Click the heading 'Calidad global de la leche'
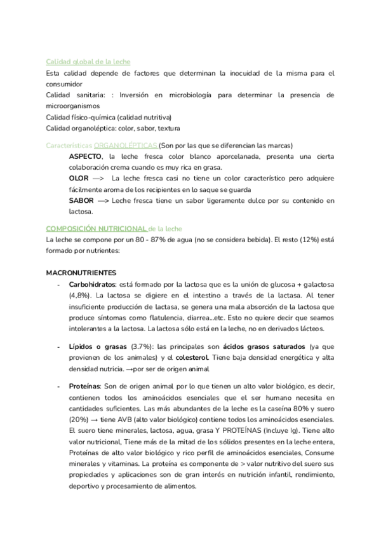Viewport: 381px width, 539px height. tap(88, 62)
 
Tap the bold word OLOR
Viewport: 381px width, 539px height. tap(79, 179)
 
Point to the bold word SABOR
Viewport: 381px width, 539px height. tap(81, 200)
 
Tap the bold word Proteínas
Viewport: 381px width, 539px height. tap(84, 387)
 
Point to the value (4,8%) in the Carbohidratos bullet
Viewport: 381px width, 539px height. tap(79, 296)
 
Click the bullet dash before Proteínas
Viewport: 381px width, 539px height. tap(58, 387)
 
